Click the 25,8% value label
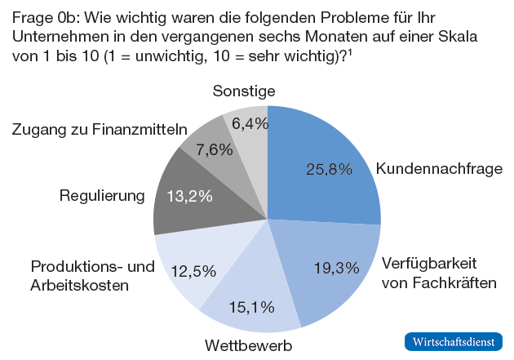[x=329, y=169]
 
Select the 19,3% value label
[x=337, y=267]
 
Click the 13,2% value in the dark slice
[x=189, y=196]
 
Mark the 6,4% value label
[x=250, y=123]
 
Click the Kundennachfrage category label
[x=439, y=169]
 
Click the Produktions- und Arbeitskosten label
[x=91, y=276]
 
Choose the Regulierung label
[x=102, y=196]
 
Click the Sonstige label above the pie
[x=244, y=91]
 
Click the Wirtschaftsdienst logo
[x=454, y=341]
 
